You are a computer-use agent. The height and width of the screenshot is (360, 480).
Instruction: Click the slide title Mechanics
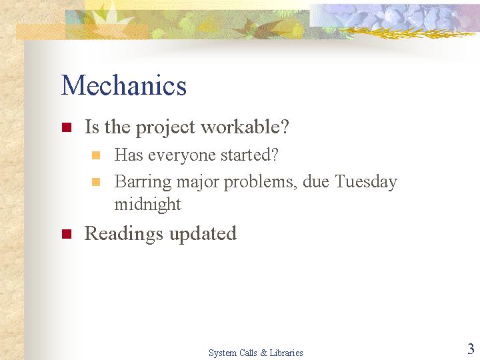124,85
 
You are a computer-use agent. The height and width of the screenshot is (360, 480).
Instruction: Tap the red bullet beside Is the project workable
67,127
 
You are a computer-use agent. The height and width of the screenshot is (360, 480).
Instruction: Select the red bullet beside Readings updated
67,233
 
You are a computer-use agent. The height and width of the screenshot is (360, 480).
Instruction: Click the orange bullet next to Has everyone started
96,155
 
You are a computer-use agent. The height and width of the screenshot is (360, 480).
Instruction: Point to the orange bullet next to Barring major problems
96,182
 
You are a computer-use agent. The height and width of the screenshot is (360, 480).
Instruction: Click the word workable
245,126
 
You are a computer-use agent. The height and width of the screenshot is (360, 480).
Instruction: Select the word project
165,127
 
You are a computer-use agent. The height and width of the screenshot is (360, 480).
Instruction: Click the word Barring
143,183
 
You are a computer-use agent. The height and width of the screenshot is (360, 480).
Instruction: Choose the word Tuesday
366,182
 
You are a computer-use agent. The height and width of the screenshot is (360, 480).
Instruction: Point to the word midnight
147,204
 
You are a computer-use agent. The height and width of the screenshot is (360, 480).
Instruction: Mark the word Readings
123,234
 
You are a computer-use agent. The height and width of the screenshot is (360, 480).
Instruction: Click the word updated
203,234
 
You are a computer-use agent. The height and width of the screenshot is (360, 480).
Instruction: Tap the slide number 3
471,349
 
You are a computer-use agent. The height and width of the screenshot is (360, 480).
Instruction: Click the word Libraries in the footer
286,353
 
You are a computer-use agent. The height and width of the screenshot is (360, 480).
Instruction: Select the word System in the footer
221,353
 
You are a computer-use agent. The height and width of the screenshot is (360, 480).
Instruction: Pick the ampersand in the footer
263,353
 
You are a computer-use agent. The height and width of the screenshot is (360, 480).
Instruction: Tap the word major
198,183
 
